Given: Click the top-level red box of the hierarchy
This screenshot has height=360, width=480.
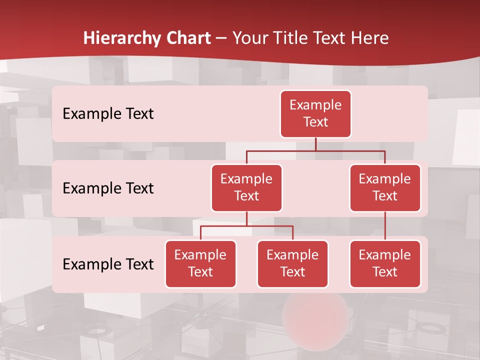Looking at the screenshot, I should click(315, 114).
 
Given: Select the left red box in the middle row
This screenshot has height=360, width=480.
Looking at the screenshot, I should click(246, 187).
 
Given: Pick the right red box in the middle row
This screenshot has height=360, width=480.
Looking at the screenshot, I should click(385, 187).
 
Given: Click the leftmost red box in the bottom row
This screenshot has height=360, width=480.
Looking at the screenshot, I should click(200, 263).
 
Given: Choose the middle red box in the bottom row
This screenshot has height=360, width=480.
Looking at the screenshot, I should click(292, 263).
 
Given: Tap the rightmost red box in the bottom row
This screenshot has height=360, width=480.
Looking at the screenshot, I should click(385, 263).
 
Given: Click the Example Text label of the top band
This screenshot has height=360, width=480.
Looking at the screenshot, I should click(108, 114).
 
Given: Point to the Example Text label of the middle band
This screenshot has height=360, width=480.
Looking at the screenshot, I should click(108, 188).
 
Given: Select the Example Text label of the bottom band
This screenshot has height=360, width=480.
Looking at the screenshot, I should click(108, 264).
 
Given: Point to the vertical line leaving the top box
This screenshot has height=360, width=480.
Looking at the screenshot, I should click(315, 144).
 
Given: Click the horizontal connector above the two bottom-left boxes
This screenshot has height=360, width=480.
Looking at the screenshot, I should click(246, 226).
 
